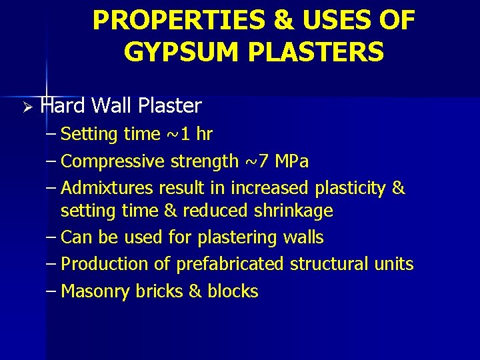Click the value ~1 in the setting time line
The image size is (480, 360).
click(x=178, y=134)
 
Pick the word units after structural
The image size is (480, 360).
click(x=393, y=264)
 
